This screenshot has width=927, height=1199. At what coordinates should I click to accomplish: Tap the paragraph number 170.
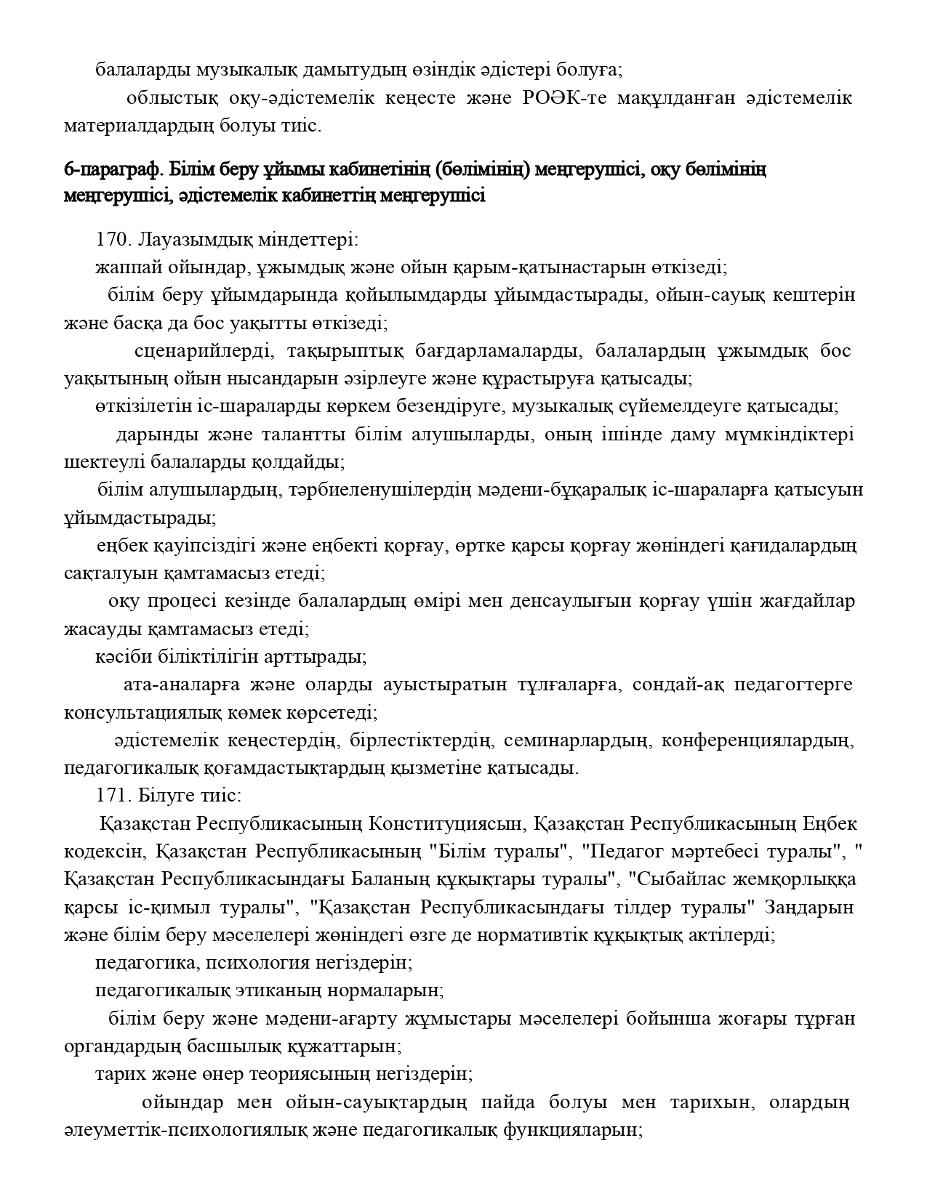(x=112, y=240)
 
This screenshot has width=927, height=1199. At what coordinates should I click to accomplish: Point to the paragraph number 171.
(x=112, y=796)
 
